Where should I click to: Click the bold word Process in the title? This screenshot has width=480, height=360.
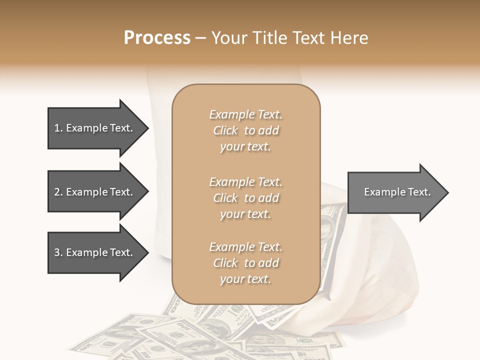pyautogui.click(x=157, y=38)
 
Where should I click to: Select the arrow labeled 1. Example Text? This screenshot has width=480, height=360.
pyautogui.click(x=93, y=128)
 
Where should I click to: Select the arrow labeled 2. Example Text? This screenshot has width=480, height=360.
pyautogui.click(x=93, y=192)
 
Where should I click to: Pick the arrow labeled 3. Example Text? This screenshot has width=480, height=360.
pyautogui.click(x=93, y=252)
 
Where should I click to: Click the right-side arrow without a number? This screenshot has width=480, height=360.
pyautogui.click(x=395, y=192)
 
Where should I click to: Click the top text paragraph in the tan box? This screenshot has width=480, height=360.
pyautogui.click(x=245, y=130)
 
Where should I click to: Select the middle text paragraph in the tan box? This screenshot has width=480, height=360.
pyautogui.click(x=245, y=198)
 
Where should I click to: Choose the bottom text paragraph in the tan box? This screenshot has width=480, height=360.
pyautogui.click(x=245, y=263)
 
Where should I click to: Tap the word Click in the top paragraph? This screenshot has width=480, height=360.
pyautogui.click(x=225, y=130)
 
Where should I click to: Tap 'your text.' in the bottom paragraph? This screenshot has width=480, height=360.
pyautogui.click(x=245, y=279)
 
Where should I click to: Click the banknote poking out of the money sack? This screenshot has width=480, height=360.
pyautogui.click(x=331, y=225)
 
